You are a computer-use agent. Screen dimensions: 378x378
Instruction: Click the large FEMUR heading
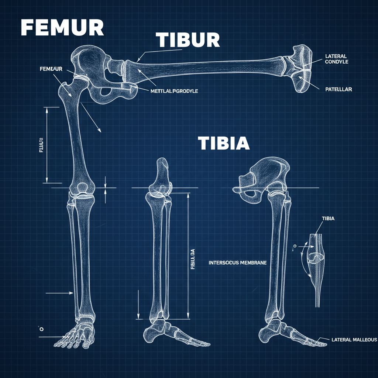(x=62, y=28)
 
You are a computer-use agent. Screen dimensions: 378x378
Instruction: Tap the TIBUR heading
(x=188, y=39)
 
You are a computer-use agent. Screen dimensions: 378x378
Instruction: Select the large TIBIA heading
(x=224, y=143)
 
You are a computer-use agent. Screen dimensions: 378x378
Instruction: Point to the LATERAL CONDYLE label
(x=336, y=59)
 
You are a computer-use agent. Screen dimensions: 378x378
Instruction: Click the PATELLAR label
(x=339, y=89)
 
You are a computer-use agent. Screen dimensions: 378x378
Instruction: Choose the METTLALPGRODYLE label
(x=174, y=91)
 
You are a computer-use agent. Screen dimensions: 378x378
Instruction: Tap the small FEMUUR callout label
(x=51, y=69)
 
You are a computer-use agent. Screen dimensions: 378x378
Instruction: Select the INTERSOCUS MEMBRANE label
(x=238, y=263)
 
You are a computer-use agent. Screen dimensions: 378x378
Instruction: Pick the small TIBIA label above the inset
(x=328, y=219)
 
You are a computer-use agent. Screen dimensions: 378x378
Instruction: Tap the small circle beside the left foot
(x=41, y=329)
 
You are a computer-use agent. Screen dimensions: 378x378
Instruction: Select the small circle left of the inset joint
(x=295, y=245)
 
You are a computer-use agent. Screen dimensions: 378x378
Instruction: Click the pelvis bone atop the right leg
(x=266, y=175)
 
